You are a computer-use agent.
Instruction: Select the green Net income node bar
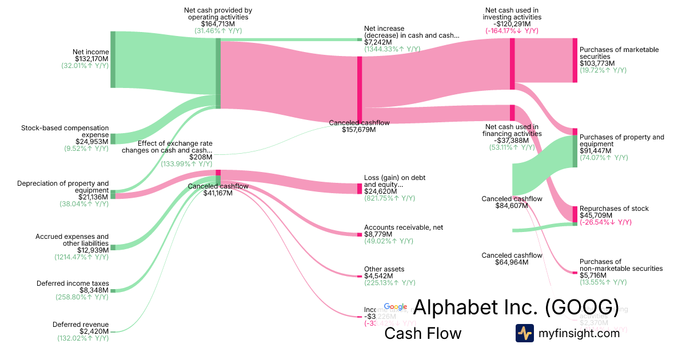coord(113,59)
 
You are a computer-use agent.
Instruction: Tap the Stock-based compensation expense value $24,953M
coord(91,142)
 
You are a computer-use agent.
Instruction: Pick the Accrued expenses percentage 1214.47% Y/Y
coord(82,257)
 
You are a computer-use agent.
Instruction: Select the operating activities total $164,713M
coord(218,24)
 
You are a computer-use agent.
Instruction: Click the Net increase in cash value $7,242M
coord(378,42)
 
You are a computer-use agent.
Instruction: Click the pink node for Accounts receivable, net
coord(360,234)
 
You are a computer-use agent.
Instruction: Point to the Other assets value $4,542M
coord(378,276)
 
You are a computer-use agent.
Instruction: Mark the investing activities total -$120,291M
coord(511,24)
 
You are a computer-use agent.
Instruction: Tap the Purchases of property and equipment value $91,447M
coord(595,151)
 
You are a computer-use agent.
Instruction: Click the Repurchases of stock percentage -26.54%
coord(605,222)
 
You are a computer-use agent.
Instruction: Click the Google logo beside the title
coord(396,307)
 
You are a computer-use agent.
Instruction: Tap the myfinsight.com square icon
coord(524,333)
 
